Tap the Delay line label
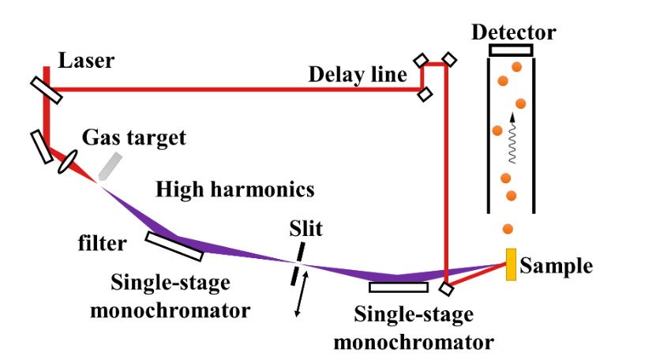click(358, 75)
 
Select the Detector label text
click(513, 33)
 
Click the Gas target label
click(133, 137)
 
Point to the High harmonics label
click(235, 189)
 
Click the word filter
click(102, 242)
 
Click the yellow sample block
click(512, 264)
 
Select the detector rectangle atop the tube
click(511, 51)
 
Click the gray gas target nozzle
click(111, 166)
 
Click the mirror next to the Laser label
click(47, 89)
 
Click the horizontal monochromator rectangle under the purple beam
click(398, 287)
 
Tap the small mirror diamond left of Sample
click(447, 288)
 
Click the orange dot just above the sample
click(507, 229)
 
